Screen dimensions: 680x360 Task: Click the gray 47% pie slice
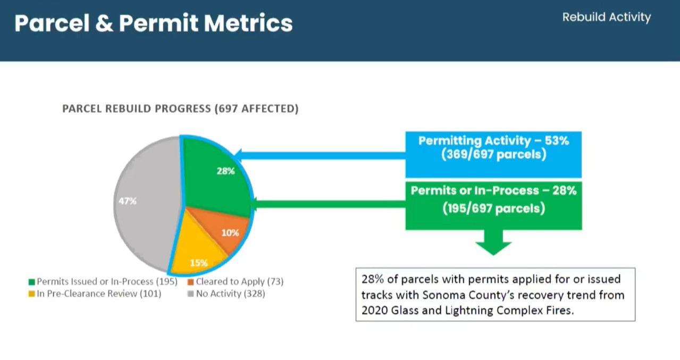146,203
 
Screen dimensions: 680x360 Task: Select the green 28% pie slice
215,179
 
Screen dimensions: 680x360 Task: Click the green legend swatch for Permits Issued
31,282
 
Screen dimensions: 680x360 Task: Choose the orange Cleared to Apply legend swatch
191,282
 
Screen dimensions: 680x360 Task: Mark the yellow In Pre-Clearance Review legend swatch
31,294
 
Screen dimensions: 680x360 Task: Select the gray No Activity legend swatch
191,294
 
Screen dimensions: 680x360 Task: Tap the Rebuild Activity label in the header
607,17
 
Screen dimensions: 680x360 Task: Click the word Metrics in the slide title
248,23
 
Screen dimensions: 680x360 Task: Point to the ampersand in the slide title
104,23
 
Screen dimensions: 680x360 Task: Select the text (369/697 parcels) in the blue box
493,155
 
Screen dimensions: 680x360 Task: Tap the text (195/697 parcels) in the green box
493,208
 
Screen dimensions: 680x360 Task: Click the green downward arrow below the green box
493,242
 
